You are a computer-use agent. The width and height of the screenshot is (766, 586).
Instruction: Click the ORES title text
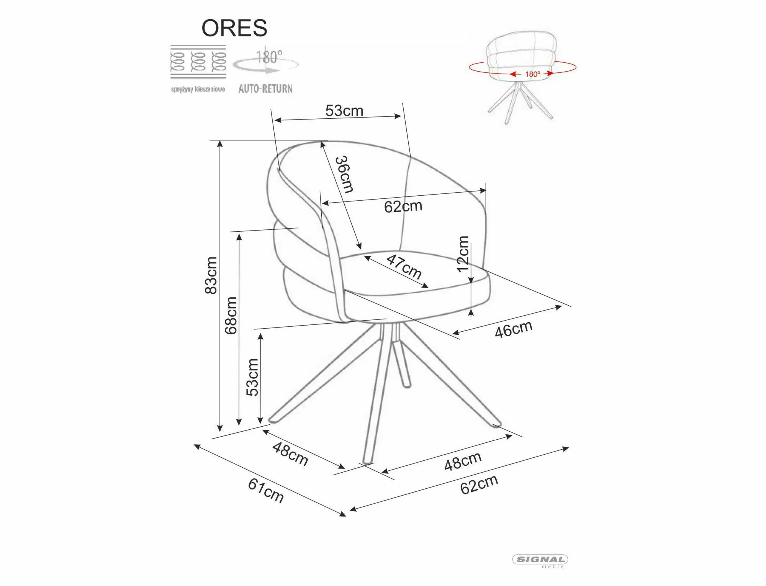[x=234, y=28]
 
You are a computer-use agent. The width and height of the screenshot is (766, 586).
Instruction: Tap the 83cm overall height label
[x=211, y=275]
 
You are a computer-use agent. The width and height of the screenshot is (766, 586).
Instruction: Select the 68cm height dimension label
[x=231, y=316]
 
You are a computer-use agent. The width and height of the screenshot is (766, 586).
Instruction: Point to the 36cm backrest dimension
[x=344, y=174]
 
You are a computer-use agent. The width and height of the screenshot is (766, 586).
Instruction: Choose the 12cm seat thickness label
[x=463, y=254]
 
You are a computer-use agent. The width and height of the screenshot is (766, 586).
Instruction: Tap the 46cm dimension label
[x=514, y=329]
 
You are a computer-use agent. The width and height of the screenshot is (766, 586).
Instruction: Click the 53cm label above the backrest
[x=344, y=111]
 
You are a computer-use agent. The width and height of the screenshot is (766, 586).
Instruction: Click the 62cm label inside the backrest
[x=403, y=206]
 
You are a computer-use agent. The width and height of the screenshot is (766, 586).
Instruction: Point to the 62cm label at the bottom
[x=479, y=485]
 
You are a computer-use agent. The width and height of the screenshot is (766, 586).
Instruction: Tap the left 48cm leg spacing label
[x=290, y=454]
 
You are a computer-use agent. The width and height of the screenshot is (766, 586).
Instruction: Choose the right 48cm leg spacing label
[x=463, y=461]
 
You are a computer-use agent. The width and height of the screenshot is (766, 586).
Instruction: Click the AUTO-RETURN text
[x=265, y=89]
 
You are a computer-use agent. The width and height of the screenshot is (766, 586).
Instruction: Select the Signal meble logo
[x=540, y=571]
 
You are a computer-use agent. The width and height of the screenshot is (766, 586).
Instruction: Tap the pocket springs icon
[x=198, y=62]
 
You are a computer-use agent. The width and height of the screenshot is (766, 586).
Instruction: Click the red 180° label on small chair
[x=532, y=74]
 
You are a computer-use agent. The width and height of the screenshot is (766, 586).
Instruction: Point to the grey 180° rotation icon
[x=266, y=62]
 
